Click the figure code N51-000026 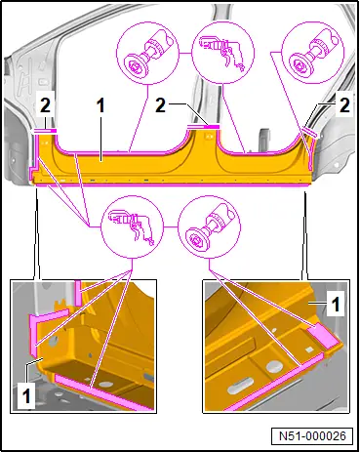[312, 435]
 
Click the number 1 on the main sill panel [100, 106]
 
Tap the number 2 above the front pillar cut [45, 106]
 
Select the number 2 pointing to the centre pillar [160, 105]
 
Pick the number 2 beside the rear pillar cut [344, 105]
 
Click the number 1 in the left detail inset [26, 396]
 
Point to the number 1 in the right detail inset [336, 303]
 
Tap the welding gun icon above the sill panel [223, 53]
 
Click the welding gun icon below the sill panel [132, 226]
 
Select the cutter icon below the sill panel [210, 226]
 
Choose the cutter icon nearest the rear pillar [313, 53]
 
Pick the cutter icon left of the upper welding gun [147, 53]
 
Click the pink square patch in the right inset [322, 335]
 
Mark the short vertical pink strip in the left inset [78, 293]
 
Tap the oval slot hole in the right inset [240, 387]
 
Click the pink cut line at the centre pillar [204, 126]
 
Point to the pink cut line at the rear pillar [309, 132]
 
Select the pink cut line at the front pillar [45, 131]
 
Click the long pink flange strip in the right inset [275, 382]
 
